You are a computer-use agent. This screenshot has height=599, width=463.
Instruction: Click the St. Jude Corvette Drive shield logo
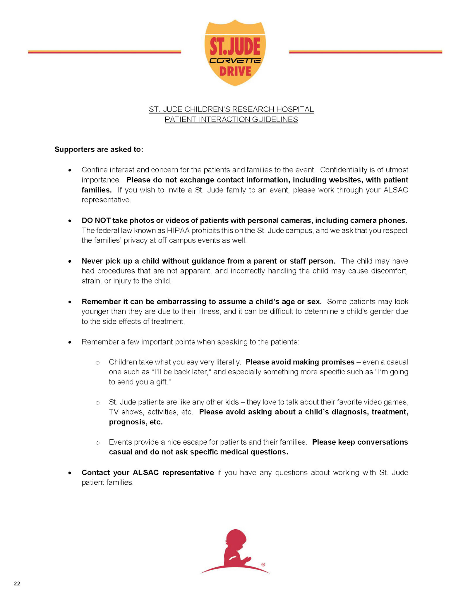235,53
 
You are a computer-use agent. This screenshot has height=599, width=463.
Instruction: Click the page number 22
17,583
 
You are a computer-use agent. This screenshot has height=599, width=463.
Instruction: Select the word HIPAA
178,230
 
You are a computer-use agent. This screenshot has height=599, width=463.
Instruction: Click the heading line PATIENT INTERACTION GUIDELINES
231,119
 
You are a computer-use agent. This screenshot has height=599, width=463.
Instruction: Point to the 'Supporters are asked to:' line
99,149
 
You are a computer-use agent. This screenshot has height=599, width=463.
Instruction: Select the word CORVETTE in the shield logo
235,61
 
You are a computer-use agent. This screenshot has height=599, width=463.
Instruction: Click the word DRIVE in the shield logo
235,71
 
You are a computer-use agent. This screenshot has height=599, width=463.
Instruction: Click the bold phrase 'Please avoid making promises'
300,362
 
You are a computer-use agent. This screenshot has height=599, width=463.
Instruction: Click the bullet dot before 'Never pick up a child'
70,261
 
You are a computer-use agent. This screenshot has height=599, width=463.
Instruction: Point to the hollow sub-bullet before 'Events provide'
97,443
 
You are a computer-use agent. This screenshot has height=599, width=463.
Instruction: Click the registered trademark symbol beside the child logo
263,564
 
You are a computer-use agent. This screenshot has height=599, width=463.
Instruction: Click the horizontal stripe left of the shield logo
104,52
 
